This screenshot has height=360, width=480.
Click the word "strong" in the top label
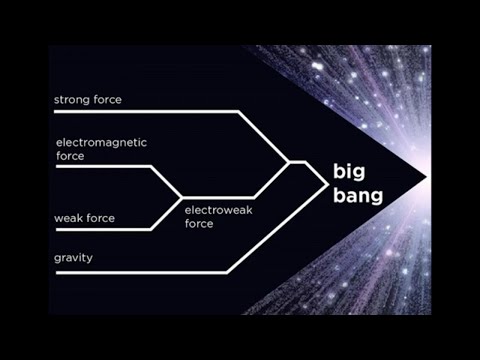click(x=72, y=99)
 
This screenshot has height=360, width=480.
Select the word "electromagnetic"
click(x=97, y=142)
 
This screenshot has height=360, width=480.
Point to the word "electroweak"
click(x=216, y=211)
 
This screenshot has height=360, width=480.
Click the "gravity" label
click(x=74, y=258)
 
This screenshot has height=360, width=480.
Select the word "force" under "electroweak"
click(x=200, y=224)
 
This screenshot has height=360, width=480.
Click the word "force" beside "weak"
click(x=102, y=218)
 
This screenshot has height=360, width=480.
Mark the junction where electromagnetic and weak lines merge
click(x=181, y=197)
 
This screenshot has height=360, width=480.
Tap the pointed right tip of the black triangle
click(x=426, y=177)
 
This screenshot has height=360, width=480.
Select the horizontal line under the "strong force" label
click(x=140, y=111)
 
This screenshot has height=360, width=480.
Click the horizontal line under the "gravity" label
click(x=140, y=271)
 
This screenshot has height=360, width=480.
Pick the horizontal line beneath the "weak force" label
click(x=100, y=230)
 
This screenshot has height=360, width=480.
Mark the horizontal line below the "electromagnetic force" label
click(x=100, y=166)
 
